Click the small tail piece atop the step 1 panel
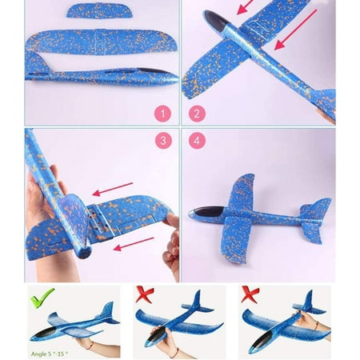100,11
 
